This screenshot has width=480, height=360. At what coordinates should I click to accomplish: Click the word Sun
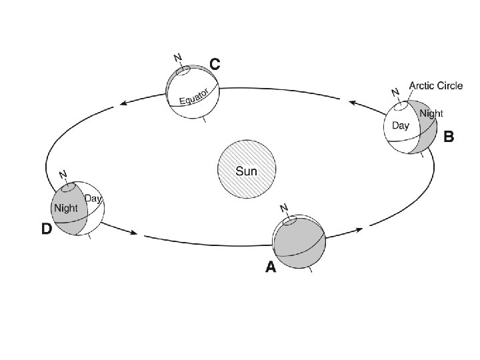click(x=246, y=171)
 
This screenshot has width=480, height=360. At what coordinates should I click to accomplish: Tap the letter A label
click(x=270, y=267)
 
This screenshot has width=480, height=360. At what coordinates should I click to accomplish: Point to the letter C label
click(x=215, y=64)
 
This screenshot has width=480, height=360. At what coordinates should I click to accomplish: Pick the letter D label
click(x=46, y=229)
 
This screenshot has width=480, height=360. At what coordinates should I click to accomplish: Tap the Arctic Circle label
click(x=435, y=86)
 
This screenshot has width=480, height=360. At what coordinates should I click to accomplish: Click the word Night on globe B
click(x=431, y=113)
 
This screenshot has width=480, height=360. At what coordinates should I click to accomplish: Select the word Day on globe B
click(x=400, y=125)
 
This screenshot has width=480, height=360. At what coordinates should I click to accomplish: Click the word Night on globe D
click(x=67, y=207)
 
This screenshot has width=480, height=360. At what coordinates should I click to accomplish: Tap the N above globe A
click(x=284, y=207)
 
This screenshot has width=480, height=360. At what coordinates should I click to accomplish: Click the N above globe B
click(x=395, y=92)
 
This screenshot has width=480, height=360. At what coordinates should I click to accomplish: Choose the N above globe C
click(x=177, y=58)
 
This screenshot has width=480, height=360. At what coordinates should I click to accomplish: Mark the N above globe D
click(x=63, y=175)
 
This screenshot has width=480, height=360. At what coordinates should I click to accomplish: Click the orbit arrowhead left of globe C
click(x=124, y=103)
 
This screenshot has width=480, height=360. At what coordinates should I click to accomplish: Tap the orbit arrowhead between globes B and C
click(x=354, y=103)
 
